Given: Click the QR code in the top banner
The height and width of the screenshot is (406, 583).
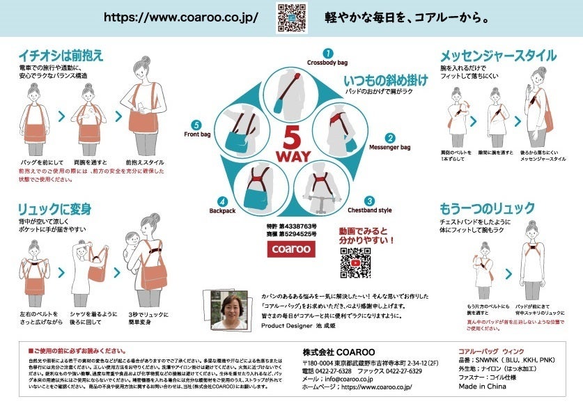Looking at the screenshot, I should (292, 17).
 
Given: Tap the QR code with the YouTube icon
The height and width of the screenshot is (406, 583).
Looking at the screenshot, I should (355, 262).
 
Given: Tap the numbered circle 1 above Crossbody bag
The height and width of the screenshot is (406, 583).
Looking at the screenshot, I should (327, 53).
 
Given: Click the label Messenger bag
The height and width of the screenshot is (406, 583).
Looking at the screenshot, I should (389, 148).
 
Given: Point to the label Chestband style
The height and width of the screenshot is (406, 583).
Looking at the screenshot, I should (370, 210).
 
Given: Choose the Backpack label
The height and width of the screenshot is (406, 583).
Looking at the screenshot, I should (223, 210).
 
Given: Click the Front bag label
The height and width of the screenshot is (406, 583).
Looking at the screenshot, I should (197, 134).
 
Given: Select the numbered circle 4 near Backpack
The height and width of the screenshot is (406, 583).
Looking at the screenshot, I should (223, 200).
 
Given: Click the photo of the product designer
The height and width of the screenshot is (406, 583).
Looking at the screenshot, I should (230, 310).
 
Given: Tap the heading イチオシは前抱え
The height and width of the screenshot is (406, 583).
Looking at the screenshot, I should (61, 56).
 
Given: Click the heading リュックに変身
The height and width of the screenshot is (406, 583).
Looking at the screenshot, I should (56, 210).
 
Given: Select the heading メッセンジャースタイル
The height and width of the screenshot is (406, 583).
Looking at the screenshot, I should (497, 56).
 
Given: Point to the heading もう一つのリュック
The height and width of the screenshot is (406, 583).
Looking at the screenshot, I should (487, 208).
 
